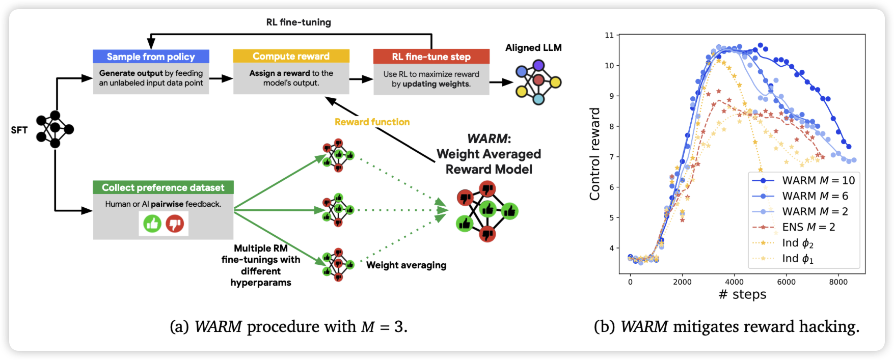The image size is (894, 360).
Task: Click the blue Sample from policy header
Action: [151, 57]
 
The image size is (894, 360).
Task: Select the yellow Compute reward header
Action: [291, 56]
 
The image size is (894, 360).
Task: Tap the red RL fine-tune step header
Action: [431, 57]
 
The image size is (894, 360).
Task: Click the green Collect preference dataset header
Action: [163, 187]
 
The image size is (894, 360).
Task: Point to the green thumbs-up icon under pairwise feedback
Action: [152, 224]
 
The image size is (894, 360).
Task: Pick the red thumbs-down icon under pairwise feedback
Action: [175, 224]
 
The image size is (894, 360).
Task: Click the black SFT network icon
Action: [55, 129]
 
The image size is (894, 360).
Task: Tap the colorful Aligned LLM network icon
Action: [538, 81]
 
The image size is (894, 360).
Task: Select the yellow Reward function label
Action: [372, 122]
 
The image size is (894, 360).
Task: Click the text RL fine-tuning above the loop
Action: [299, 22]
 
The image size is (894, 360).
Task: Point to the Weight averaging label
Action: [406, 265]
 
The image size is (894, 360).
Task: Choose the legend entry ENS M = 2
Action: [808, 227]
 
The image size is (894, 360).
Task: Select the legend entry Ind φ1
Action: [798, 259]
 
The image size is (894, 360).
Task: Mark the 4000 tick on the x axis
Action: [734, 282]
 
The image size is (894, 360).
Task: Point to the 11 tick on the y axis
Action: [609, 35]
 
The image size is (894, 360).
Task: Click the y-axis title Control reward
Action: [595, 154]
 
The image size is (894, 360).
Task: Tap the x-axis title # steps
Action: [742, 294]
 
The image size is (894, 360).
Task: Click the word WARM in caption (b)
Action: [644, 326]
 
